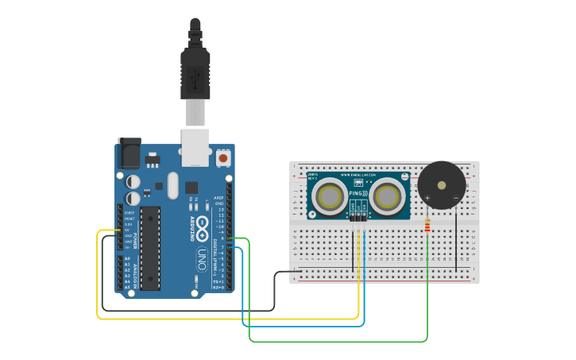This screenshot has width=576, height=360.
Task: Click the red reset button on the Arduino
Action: pos(224,159)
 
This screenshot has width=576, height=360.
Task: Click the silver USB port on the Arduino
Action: pos(195,147)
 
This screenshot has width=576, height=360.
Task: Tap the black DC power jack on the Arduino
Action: pos(129,152)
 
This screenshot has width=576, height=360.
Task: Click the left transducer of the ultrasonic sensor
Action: pos(329,195)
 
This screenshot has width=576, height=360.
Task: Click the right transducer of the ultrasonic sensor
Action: pos(388,195)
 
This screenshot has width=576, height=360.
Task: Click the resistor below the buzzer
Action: pos(429,226)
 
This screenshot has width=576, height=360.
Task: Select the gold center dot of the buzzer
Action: pos(442,185)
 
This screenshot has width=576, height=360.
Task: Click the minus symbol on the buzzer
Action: pos(455,197)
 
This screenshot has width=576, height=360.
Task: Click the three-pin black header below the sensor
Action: pos(358,215)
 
